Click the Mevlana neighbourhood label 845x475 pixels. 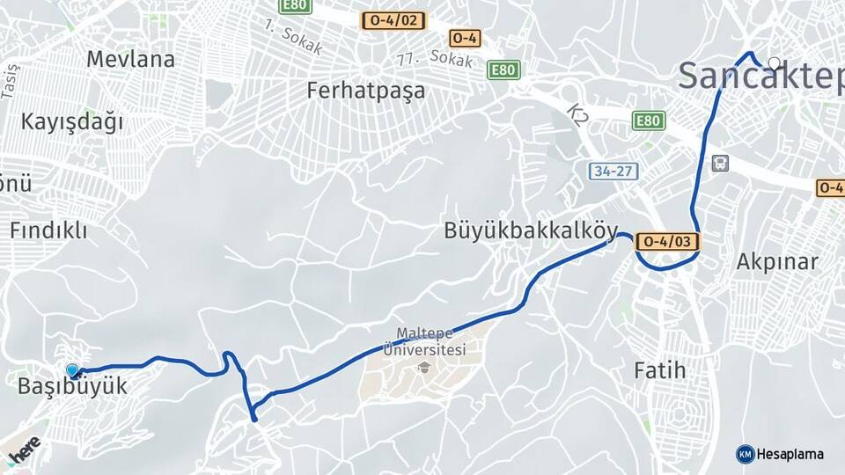point(130,60)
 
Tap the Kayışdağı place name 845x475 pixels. point(72,121)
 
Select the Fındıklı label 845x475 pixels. point(48,230)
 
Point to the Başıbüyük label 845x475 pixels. point(72,386)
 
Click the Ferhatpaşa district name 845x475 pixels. point(365,90)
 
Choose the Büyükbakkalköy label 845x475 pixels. point(530,230)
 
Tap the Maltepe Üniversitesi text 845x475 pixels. point(430,342)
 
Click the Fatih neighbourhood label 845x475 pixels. point(659,370)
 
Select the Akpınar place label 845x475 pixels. point(777,261)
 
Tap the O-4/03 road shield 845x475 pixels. point(668,241)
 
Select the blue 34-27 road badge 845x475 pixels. point(614,172)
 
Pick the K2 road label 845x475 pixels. point(577,114)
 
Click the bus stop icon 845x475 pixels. point(721,163)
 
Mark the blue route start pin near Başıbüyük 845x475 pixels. point(72,371)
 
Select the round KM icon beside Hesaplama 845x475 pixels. point(745,454)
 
